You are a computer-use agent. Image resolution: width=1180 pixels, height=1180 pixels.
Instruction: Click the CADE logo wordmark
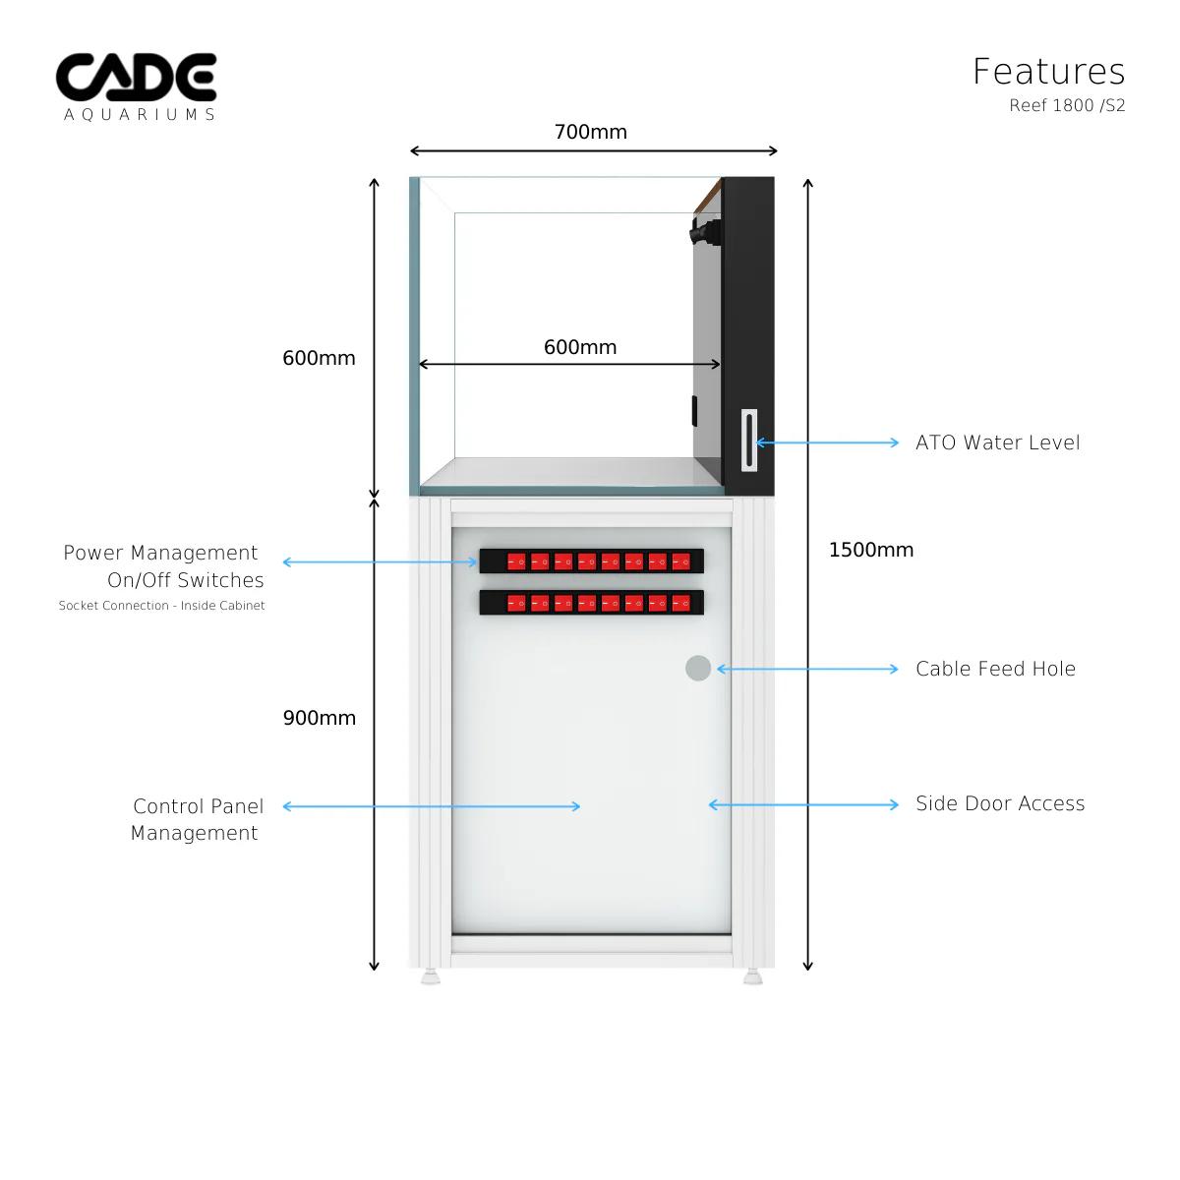[136, 78]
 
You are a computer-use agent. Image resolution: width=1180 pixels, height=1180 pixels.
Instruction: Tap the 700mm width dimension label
[590, 132]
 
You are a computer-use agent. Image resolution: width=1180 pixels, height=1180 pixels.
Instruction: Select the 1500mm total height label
[870, 550]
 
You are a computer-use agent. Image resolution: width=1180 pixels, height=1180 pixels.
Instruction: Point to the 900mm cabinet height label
[319, 718]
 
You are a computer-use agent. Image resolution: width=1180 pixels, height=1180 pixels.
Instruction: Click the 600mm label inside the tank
[580, 347]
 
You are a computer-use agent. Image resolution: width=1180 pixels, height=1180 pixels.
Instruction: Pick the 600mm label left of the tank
[319, 358]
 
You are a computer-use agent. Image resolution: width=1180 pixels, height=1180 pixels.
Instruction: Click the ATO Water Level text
[997, 442]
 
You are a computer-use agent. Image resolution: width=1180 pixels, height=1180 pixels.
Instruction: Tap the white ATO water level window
[749, 441]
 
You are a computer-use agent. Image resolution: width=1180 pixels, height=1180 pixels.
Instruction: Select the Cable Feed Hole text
[995, 669]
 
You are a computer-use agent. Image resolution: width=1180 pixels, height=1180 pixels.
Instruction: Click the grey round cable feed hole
[698, 668]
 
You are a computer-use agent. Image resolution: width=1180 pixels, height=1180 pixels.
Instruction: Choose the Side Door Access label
[1000, 803]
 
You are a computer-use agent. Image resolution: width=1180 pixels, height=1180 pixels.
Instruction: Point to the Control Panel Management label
[197, 819]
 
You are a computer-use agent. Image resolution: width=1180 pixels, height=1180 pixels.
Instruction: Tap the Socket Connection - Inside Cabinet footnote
[161, 606]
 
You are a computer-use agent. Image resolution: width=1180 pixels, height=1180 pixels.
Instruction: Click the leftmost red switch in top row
[516, 561]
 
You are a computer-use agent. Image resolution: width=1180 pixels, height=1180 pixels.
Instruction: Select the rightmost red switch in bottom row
[681, 603]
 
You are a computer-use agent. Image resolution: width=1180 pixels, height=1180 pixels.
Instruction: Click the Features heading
[1048, 72]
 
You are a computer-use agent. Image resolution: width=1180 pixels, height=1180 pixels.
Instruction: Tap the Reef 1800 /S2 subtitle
[1067, 105]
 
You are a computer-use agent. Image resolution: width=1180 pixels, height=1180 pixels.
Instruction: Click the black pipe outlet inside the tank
[705, 232]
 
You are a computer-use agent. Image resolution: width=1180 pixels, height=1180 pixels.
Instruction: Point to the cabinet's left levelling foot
[431, 977]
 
